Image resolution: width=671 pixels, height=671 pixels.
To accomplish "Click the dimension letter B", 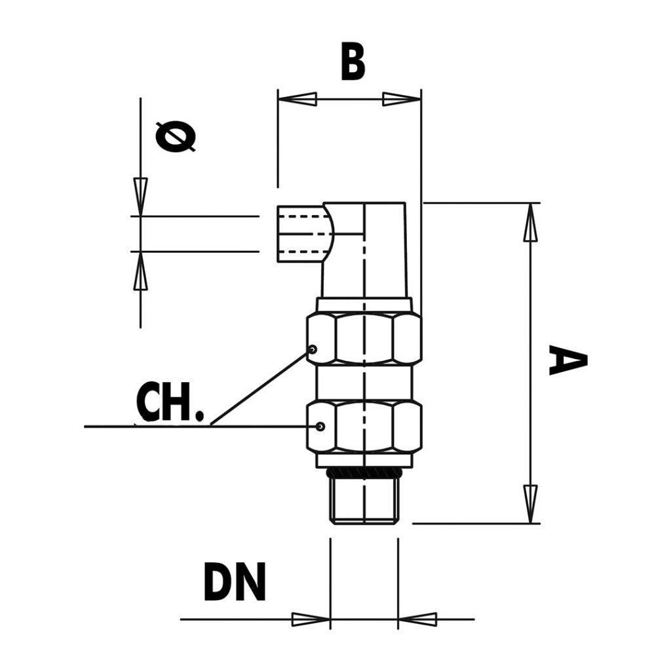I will click(353, 63).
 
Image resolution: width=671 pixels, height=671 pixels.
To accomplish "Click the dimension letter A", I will click(567, 361).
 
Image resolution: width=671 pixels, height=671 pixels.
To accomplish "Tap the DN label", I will click(235, 582).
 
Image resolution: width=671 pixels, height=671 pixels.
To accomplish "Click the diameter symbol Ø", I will click(176, 137).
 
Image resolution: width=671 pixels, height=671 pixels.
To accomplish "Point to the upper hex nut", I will click(364, 339).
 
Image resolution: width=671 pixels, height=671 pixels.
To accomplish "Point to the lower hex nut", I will click(364, 427).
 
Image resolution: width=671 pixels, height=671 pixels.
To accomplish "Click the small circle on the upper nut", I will click(313, 349).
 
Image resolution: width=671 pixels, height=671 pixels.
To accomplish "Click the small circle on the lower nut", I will click(320, 427).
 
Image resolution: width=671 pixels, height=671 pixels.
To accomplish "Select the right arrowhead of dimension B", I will click(402, 100).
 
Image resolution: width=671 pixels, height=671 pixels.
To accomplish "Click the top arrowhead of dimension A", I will click(531, 223).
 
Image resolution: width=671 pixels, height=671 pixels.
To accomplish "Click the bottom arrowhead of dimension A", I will click(531, 503).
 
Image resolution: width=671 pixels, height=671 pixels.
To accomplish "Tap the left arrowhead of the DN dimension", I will click(310, 619).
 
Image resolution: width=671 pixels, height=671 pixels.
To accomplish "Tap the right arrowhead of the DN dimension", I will click(417, 619).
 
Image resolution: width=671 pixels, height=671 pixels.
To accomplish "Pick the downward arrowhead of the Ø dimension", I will click(140, 195).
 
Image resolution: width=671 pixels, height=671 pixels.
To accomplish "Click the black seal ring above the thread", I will click(364, 472).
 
